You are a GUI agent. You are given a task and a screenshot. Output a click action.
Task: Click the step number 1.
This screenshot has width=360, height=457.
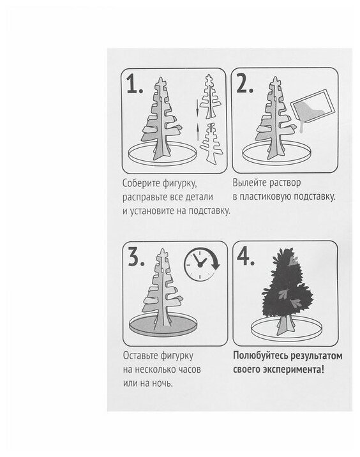pyautogui.click(x=135, y=84)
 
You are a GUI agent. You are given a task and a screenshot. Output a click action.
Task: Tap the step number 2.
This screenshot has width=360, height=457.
pyautogui.click(x=244, y=83)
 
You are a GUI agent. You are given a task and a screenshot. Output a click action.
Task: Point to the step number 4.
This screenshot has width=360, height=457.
pyautogui.click(x=246, y=256)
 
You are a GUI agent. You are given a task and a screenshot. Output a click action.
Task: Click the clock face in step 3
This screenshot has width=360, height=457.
pyautogui.click(x=199, y=264)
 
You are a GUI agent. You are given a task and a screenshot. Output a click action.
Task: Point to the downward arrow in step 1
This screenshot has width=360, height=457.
pyautogui.click(x=197, y=108)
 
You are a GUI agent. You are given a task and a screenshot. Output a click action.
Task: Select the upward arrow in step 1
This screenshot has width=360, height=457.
pyautogui.click(x=197, y=131)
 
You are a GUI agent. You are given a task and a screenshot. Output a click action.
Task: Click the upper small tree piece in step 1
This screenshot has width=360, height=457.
pyautogui.click(x=209, y=96)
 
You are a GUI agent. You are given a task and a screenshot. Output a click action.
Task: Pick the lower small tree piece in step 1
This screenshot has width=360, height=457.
pyautogui.click(x=211, y=143)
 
